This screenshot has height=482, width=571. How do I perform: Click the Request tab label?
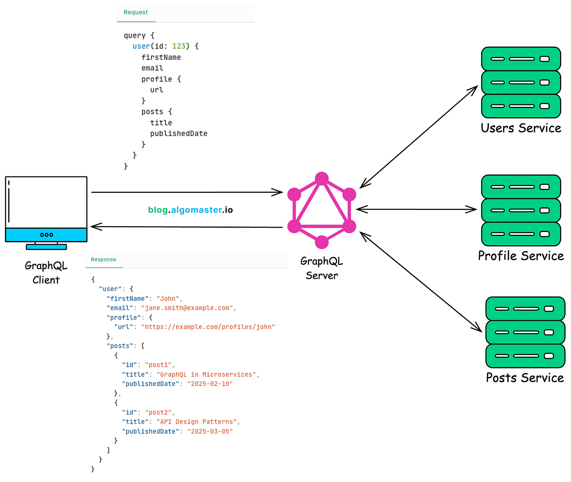136,12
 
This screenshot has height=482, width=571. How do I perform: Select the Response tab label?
104,259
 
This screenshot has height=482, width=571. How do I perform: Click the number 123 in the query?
179,46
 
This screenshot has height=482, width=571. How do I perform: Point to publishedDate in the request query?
178,134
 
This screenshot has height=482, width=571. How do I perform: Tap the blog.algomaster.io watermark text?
191,210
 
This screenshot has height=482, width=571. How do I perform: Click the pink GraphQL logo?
322,210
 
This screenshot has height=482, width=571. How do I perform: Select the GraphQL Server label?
322,268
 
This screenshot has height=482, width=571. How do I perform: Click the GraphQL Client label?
46,273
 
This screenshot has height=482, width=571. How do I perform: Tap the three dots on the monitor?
47,235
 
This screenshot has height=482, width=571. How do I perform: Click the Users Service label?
521,128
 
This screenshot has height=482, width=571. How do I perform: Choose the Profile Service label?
521,256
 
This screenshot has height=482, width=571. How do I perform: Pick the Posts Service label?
525,378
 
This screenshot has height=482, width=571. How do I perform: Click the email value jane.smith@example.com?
187,308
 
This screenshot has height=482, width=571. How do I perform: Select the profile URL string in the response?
208,327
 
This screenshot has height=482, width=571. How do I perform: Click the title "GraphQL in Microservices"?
206,375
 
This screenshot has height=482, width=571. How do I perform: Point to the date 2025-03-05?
210,431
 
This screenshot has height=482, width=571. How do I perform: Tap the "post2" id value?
158,413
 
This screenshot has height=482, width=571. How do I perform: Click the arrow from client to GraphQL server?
187,192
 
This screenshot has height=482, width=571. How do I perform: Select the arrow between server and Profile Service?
416,210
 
